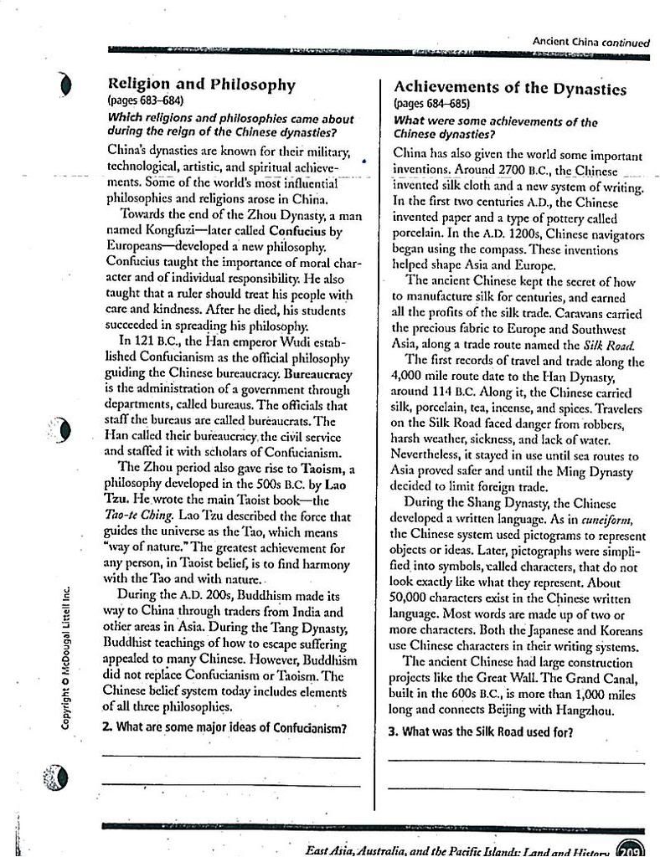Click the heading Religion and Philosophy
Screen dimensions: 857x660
tap(202, 85)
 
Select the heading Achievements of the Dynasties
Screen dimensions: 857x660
tap(509, 88)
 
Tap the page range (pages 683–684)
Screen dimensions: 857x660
tap(146, 101)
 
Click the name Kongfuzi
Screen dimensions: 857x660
tap(175, 231)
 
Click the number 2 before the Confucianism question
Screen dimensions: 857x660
tap(106, 727)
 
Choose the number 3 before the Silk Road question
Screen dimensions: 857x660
tap(393, 731)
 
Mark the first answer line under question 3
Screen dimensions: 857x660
tap(516, 762)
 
